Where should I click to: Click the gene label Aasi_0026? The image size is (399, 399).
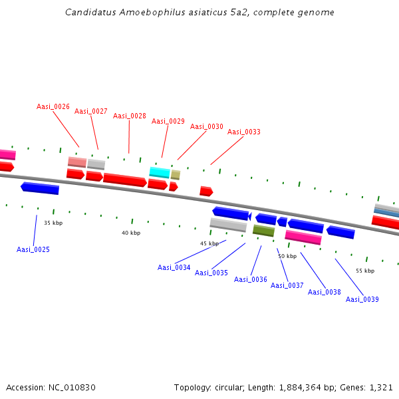[53, 106]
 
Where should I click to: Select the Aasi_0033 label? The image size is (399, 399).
[244, 132]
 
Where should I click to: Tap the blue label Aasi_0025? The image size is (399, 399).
[33, 249]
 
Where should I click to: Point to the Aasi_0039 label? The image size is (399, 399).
[362, 299]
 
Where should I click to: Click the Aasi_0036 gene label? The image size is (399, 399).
[251, 280]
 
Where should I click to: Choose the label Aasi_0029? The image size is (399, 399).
[168, 122]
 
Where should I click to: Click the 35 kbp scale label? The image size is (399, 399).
[53, 223]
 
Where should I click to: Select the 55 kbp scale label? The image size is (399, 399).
[365, 271]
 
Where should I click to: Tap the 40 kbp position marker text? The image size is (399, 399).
[131, 233]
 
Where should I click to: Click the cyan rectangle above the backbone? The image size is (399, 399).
[160, 172]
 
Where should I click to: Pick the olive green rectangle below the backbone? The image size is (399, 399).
[263, 231]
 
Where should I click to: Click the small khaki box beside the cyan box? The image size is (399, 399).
[176, 175]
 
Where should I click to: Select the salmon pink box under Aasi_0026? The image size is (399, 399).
[77, 162]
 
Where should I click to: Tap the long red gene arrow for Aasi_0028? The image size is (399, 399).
[125, 180]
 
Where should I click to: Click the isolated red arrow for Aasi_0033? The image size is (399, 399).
[206, 191]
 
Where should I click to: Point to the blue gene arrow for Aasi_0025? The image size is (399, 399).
[40, 188]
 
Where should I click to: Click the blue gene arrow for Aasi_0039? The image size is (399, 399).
[340, 232]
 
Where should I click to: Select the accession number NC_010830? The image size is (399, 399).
[72, 388]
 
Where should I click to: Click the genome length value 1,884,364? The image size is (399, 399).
[300, 388]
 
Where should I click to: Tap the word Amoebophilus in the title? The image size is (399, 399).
[153, 12]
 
